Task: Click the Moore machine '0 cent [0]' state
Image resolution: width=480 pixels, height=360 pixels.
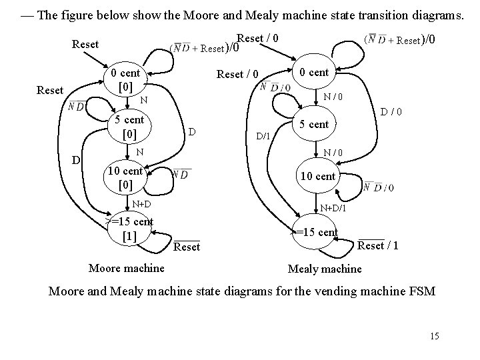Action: [125, 79]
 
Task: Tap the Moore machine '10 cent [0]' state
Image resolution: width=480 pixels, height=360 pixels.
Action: [125, 176]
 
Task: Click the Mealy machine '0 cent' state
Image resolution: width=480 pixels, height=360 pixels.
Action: [313, 72]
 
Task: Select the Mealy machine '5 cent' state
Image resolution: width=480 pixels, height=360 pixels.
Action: [313, 124]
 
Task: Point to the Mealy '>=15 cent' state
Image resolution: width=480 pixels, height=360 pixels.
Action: [317, 232]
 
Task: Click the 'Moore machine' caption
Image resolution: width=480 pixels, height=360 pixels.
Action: [126, 268]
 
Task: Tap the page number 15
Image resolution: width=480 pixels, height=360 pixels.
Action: [434, 336]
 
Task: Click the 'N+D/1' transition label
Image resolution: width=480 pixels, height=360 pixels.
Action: [332, 209]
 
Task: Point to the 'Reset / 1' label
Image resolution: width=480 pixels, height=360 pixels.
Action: [378, 246]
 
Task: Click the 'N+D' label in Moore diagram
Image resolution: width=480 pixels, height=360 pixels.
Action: [141, 203]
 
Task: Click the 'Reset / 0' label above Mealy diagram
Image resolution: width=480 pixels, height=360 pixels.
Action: [258, 38]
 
